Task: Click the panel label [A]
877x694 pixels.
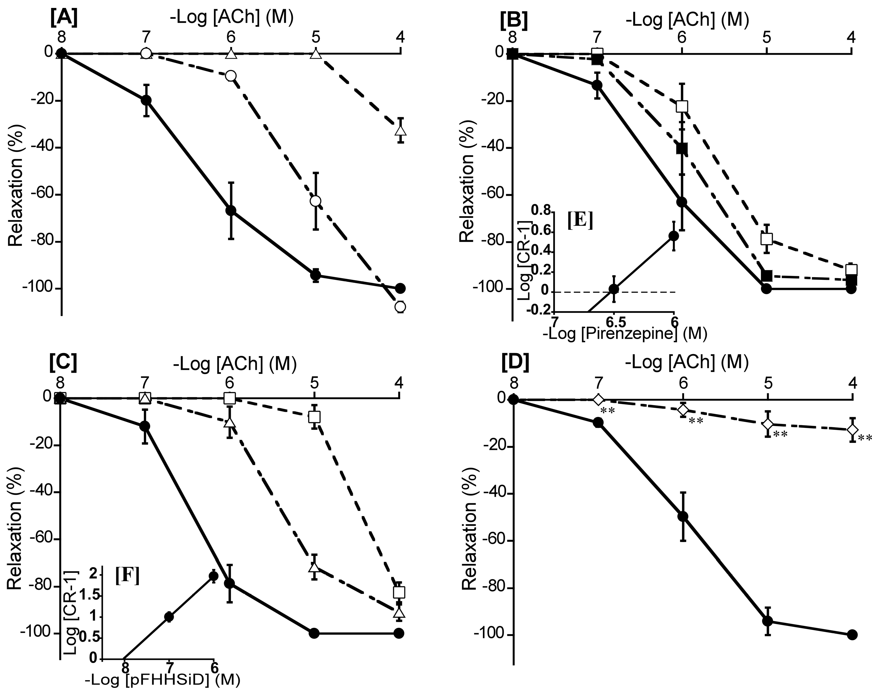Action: point(63,20)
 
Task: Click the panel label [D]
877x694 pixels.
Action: point(515,363)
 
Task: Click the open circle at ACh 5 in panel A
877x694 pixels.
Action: point(315,201)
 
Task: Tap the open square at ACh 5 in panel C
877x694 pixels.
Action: point(314,417)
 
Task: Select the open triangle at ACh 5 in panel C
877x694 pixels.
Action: point(314,567)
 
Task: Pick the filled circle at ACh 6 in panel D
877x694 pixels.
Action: point(683,516)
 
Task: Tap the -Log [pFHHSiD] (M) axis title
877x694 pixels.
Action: point(163,680)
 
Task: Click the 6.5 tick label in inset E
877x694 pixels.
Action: point(614,322)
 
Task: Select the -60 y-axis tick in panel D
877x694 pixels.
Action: point(490,540)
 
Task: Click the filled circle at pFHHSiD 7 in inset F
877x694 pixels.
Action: point(169,617)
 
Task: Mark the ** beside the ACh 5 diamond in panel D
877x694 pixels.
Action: point(780,434)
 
